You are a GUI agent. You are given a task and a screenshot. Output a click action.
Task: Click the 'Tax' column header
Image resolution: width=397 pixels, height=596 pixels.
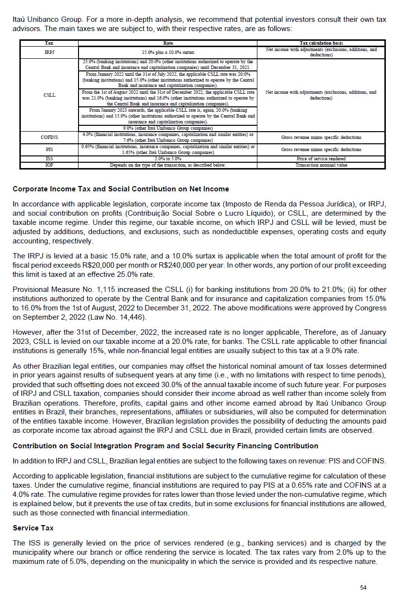[x=49, y=43]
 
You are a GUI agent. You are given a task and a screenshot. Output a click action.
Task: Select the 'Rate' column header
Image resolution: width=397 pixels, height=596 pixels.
[x=168, y=43]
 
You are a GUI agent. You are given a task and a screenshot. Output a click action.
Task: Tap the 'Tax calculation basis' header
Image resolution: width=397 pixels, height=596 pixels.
[x=321, y=43]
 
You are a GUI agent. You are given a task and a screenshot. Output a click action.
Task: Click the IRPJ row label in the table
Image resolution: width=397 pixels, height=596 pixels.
[x=49, y=52]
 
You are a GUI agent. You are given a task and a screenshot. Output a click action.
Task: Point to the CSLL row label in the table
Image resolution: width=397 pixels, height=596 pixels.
[x=49, y=95]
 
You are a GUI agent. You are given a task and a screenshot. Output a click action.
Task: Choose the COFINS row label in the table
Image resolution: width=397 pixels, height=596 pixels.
[x=49, y=137]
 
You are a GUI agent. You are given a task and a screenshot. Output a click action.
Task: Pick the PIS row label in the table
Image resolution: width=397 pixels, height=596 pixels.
[x=49, y=150]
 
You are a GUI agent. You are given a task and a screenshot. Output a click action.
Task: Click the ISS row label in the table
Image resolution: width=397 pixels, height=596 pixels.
[x=49, y=159]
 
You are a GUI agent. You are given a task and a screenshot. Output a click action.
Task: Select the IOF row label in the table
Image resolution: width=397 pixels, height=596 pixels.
[x=49, y=165]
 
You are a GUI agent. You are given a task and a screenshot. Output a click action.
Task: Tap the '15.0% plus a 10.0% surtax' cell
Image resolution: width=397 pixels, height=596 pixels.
[x=168, y=52]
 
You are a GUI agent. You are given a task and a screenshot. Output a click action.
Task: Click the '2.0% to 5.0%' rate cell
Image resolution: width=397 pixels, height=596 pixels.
[x=168, y=159]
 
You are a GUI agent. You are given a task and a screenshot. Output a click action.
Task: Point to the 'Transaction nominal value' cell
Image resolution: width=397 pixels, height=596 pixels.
[x=321, y=165]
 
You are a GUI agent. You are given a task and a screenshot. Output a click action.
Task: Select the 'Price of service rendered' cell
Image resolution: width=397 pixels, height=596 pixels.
[x=321, y=159]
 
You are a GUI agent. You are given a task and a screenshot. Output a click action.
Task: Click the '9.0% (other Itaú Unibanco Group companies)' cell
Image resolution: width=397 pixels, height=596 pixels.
[x=168, y=128]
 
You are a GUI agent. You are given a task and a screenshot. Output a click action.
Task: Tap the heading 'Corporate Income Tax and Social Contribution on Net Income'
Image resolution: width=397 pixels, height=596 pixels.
[x=121, y=189]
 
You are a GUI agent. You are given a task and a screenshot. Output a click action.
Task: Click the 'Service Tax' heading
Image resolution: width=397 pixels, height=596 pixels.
[x=33, y=528]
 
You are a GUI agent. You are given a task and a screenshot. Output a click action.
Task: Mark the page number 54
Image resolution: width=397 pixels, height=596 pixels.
[x=364, y=587]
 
